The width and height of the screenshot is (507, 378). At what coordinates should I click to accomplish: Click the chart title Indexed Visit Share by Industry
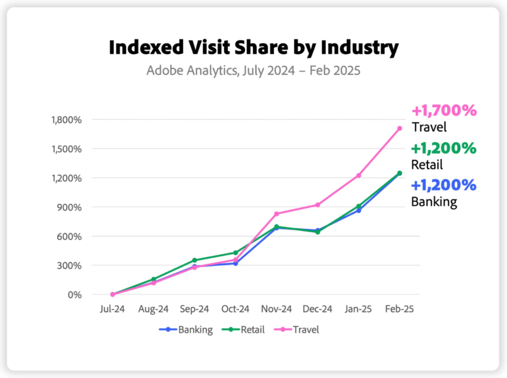253,48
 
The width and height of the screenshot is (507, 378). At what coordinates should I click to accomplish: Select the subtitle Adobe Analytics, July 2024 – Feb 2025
253,70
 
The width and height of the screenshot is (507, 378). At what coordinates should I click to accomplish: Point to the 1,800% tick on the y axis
66,120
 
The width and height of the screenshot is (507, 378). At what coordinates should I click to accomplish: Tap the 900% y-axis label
70,207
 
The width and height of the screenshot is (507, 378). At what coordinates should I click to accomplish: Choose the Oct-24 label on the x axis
235,309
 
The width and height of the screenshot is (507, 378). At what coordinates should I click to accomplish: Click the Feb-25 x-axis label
399,309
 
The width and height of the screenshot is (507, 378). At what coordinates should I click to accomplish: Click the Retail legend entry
246,329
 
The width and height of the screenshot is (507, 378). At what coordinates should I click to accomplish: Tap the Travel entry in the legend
300,329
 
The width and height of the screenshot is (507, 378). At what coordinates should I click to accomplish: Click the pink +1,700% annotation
444,111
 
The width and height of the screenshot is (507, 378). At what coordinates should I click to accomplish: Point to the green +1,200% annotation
444,148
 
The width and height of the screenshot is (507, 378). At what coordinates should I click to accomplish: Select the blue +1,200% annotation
444,185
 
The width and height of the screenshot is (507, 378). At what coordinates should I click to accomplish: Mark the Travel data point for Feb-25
400,128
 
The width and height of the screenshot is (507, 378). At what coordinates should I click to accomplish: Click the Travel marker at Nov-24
276,214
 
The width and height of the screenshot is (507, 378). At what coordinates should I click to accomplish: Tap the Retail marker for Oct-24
235,253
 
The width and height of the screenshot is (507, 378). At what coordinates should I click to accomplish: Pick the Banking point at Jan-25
358,210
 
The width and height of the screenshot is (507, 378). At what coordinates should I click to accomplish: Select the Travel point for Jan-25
358,176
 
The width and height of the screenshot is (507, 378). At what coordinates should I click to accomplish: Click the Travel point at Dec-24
317,205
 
